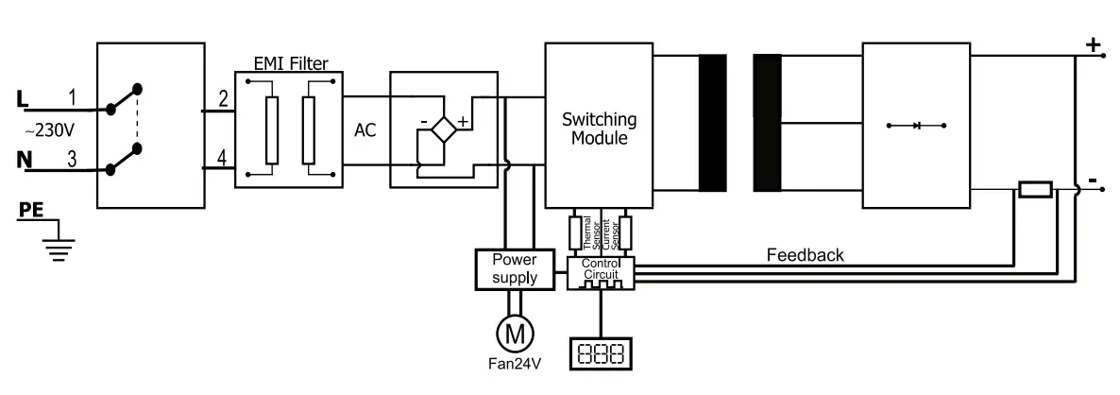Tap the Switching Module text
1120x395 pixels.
coord(599,129)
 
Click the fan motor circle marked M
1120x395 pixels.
coord(516,333)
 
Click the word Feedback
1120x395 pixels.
coord(805,255)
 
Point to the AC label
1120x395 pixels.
coord(365,130)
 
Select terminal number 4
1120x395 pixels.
coord(223,158)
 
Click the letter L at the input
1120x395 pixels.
coord(24,97)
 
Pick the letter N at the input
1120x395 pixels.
coord(24,160)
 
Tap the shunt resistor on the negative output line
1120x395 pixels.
coord(1035,190)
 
